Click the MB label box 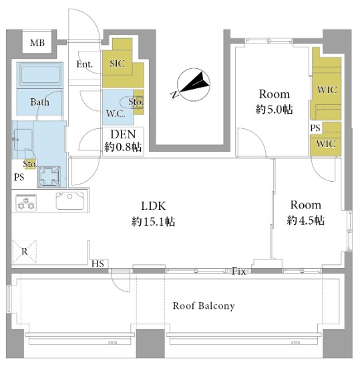(x=37, y=43)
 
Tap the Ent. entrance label (x=84, y=64)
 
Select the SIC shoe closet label (x=117, y=64)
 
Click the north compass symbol (x=193, y=85)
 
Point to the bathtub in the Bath (x=40, y=74)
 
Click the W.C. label (x=116, y=114)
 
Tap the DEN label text (x=123, y=134)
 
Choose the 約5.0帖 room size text (x=274, y=110)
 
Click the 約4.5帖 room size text (x=305, y=220)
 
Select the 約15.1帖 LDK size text (x=153, y=221)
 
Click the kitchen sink (x=69, y=201)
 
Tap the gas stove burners (x=26, y=203)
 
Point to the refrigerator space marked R (x=24, y=251)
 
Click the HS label (x=98, y=264)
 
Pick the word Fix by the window (x=238, y=271)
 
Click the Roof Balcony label (x=204, y=306)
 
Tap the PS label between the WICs (x=315, y=128)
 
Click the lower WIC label (x=326, y=144)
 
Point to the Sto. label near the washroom (x=29, y=164)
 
